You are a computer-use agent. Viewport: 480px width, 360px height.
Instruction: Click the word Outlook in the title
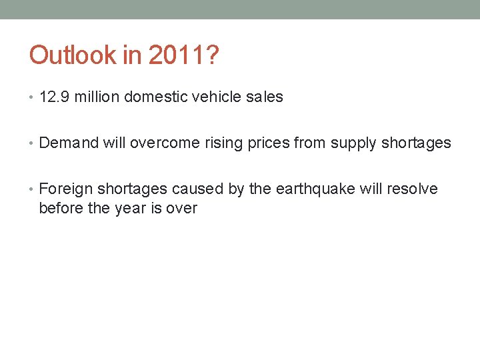73,55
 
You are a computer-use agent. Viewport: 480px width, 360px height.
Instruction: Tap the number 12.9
55,97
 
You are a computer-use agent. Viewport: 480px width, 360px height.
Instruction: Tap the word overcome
165,143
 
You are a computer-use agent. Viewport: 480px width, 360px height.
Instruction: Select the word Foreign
66,189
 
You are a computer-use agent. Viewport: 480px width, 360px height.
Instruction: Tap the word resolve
411,189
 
